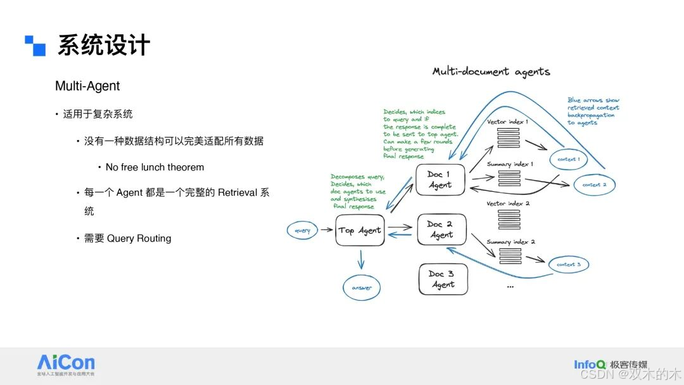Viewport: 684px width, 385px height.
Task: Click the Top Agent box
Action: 360,230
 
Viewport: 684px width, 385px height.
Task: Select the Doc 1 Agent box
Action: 440,180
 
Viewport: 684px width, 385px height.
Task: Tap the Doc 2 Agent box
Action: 441,229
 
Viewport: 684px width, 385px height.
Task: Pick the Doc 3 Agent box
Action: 443,279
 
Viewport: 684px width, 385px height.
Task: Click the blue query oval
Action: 303,230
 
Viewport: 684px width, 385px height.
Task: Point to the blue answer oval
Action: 362,287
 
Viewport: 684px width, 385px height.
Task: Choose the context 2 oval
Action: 594,185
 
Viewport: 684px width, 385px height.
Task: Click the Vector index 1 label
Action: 507,121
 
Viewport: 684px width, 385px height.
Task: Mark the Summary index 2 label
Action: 510,242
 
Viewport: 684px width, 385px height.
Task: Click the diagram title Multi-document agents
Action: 491,72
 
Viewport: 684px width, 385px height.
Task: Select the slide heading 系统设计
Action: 104,46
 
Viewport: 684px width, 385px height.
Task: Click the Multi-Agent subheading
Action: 87,85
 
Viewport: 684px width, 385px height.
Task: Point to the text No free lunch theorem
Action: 155,167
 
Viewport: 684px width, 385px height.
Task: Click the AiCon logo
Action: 66,363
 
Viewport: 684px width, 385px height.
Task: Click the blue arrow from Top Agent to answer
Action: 361,259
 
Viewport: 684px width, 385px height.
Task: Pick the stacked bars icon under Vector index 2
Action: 509,219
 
